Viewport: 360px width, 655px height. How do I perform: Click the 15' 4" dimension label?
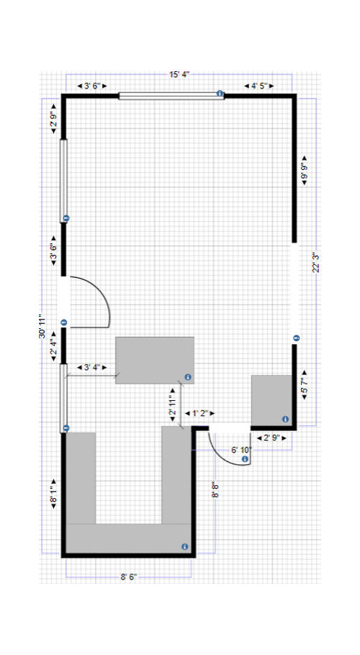[x=179, y=75]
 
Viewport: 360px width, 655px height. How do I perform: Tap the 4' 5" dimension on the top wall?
[x=259, y=86]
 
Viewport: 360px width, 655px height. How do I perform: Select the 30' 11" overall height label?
[x=42, y=326]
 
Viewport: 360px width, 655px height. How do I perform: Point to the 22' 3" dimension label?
[x=316, y=262]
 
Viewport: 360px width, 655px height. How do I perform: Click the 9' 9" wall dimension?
[x=304, y=171]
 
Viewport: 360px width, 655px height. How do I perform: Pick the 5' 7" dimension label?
[x=304, y=386]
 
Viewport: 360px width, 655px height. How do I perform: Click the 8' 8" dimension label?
[x=215, y=489]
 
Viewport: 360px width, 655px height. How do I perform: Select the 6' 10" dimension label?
[x=241, y=450]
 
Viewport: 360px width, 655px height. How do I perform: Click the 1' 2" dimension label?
[x=199, y=414]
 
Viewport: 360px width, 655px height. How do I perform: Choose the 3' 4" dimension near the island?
[x=92, y=368]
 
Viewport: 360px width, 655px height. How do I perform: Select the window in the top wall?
[x=171, y=96]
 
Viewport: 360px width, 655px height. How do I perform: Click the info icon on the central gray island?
[x=188, y=377]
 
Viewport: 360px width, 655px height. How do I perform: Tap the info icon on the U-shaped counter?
[x=184, y=547]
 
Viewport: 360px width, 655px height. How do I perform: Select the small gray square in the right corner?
[x=271, y=400]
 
